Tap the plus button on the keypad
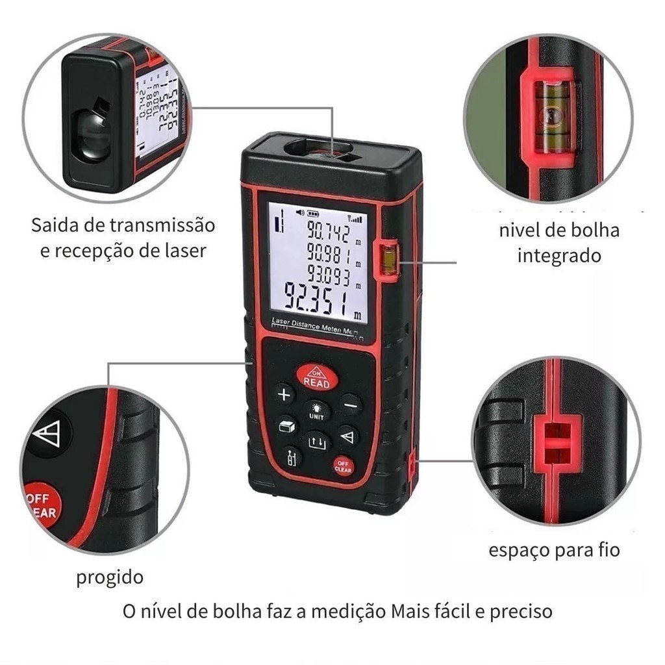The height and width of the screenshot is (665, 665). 284,394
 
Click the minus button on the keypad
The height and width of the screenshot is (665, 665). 351,405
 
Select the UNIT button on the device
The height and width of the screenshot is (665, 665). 316,410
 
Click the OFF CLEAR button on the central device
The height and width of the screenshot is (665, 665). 343,466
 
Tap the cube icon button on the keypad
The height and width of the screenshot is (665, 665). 286,426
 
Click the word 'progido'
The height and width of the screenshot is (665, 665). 110,577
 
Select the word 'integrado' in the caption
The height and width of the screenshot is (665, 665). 559,255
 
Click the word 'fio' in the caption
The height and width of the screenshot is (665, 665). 609,551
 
